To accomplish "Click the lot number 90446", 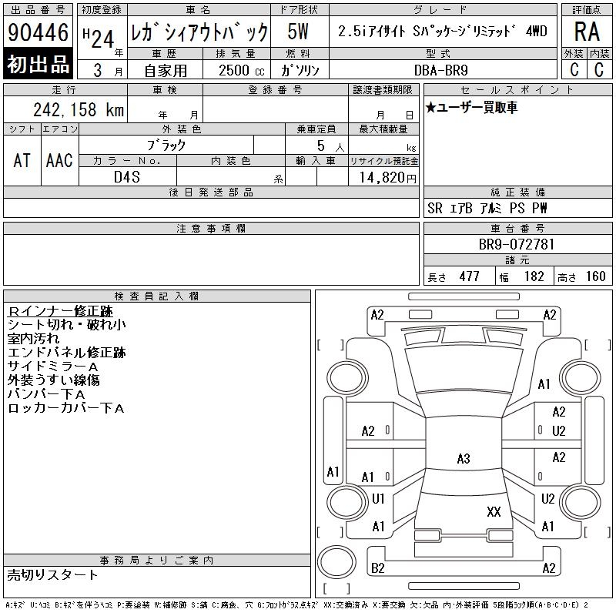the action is tap(38, 32).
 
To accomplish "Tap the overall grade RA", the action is tap(587, 32).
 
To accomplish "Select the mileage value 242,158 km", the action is tap(79, 109).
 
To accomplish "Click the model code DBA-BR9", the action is tap(440, 70).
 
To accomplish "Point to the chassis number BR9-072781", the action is tap(516, 244).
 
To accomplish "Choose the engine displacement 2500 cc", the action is tap(241, 70).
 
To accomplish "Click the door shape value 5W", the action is tap(298, 32).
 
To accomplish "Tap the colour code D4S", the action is tap(126, 177).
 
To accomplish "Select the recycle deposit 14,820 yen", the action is tap(387, 177).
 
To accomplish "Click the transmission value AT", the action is tap(22, 160).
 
